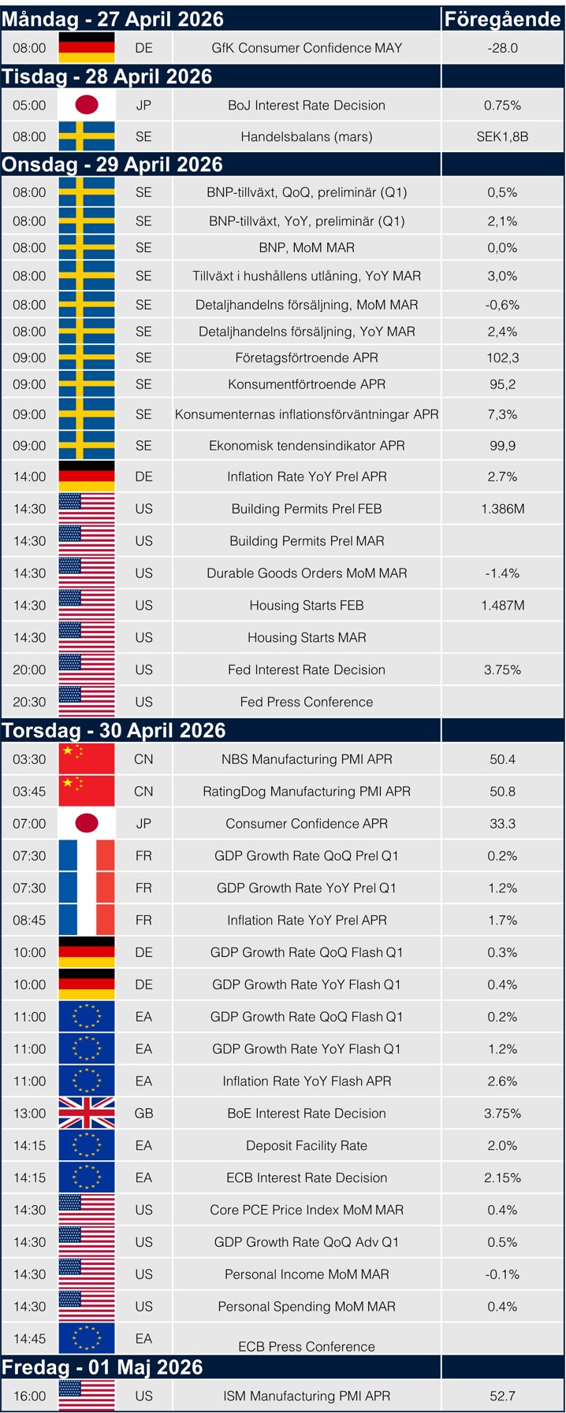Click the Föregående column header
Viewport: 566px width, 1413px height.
[x=502, y=19]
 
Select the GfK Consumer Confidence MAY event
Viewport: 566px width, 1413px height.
[x=307, y=48]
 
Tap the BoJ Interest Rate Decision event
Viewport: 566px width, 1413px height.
[x=307, y=106]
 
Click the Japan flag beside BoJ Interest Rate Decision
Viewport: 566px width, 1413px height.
[x=87, y=106]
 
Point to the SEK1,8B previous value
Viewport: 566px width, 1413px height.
[x=502, y=136]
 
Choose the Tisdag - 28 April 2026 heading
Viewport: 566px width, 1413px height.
[x=107, y=76]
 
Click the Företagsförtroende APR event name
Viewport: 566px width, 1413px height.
[x=307, y=358]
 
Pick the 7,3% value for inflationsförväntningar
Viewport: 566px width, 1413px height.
[x=502, y=414]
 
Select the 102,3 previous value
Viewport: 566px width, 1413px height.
[x=502, y=358]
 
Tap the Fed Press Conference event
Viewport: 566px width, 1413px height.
[x=307, y=702]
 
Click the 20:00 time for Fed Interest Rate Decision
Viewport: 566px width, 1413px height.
[x=29, y=669]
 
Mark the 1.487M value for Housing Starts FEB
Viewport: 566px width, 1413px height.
[x=502, y=606]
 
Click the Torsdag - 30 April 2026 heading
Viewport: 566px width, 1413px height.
[x=114, y=730]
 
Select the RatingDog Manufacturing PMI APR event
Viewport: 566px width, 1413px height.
[x=307, y=792]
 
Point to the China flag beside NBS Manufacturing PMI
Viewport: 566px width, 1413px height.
[x=87, y=759]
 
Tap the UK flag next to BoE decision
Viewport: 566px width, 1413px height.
[x=87, y=1113]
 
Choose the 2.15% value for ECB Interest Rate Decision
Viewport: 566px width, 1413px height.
[x=502, y=1177]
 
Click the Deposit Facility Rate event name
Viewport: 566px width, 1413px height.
[x=307, y=1145]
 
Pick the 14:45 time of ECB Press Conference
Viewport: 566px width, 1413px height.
[x=29, y=1338]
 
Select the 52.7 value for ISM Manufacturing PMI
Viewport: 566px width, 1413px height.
[x=502, y=1396]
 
